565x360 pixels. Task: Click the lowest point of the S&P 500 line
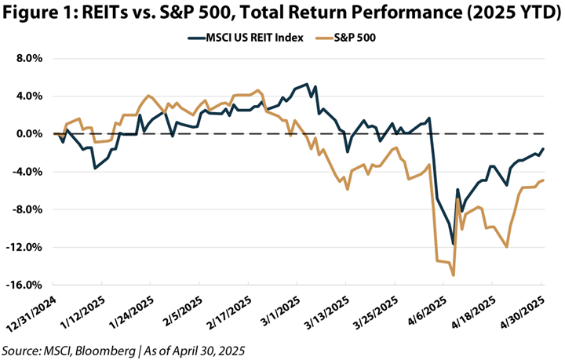click(x=454, y=275)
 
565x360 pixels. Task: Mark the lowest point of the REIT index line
click(x=453, y=244)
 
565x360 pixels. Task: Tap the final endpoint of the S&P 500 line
click(x=544, y=180)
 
